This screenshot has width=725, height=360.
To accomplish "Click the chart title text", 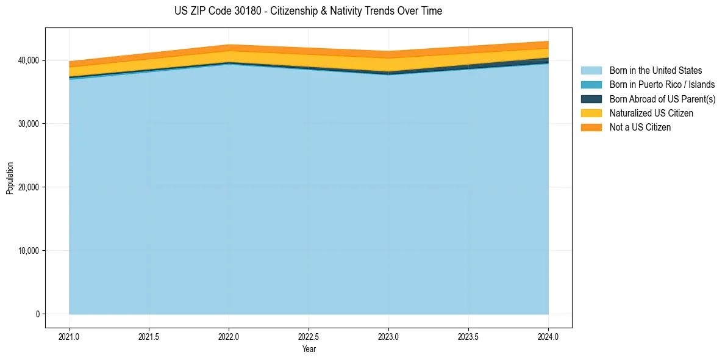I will click(308, 11).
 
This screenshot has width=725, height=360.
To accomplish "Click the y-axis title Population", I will click(10, 178).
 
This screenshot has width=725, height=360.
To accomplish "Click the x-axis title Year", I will click(309, 350).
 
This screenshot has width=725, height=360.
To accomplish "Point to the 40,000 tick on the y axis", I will click(27, 60).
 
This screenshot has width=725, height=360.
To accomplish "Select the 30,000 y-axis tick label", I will click(27, 124).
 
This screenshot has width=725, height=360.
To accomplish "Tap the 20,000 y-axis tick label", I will click(27, 187).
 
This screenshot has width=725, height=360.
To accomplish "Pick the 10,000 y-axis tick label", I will click(27, 251).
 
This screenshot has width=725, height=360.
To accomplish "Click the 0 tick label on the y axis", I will click(37, 314).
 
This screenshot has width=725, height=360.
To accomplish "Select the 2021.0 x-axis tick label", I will click(70, 336).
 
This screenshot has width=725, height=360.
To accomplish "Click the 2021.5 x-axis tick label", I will click(149, 336).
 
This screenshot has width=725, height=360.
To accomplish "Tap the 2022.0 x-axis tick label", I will click(229, 336).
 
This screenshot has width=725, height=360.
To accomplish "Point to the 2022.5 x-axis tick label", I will click(309, 336).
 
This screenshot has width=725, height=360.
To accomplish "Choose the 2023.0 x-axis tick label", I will click(388, 336).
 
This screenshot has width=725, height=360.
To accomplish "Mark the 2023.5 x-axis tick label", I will click(468, 336).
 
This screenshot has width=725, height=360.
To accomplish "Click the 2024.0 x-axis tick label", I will click(548, 336).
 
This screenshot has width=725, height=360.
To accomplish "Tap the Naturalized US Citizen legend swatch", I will click(591, 113).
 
